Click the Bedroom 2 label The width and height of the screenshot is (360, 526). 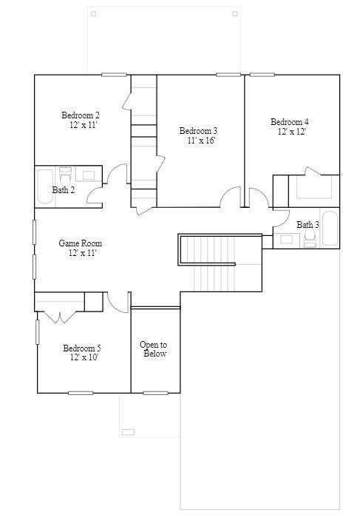point(80,115)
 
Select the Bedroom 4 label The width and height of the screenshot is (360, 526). point(289,122)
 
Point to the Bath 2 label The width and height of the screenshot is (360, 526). point(63,190)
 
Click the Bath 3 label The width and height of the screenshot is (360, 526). point(308,224)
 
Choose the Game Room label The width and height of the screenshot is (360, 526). point(80,243)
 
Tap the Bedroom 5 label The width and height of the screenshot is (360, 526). point(81,348)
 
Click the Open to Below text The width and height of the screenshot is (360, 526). point(153,349)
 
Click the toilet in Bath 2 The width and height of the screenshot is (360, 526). point(64,177)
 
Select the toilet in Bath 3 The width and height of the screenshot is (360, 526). point(310,237)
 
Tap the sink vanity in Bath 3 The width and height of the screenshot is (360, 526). point(285,238)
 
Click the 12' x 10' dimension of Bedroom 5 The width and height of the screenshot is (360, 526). point(84,357)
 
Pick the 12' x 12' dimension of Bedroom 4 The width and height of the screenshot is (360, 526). point(292,132)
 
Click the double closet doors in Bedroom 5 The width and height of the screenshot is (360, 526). point(59,317)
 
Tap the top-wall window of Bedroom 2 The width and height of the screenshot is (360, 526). point(114,75)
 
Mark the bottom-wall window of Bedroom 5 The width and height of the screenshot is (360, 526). point(81,393)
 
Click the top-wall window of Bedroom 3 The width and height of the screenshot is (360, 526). point(228,75)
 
